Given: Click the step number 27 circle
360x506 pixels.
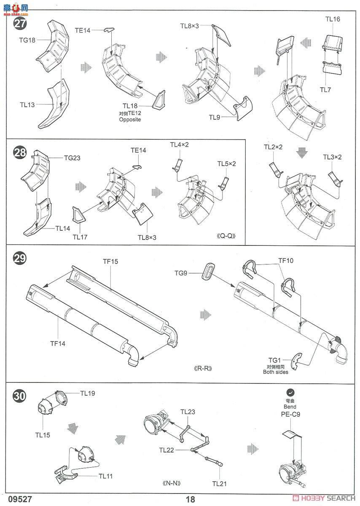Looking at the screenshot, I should (x=20, y=23).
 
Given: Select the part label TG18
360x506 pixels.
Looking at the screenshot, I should (x=27, y=40).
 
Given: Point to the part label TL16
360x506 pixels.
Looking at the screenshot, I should (x=333, y=19).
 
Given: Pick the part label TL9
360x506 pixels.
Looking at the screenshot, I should (x=215, y=117).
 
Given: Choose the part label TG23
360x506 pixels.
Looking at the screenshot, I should (x=72, y=158).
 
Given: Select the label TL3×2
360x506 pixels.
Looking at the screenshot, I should (x=332, y=157).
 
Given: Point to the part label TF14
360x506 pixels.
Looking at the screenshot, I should (x=58, y=343).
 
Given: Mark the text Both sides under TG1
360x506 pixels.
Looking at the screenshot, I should (x=274, y=372).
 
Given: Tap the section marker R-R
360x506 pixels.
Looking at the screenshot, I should (x=202, y=368).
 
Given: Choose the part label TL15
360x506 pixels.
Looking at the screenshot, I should (x=43, y=435).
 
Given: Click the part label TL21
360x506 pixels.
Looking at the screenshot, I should (x=220, y=484).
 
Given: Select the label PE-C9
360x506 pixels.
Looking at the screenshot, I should (x=290, y=414).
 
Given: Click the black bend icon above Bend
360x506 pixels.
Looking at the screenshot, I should (x=290, y=392).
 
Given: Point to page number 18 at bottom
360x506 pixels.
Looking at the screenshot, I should (x=190, y=499).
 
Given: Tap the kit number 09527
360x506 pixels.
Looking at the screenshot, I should (x=15, y=499).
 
